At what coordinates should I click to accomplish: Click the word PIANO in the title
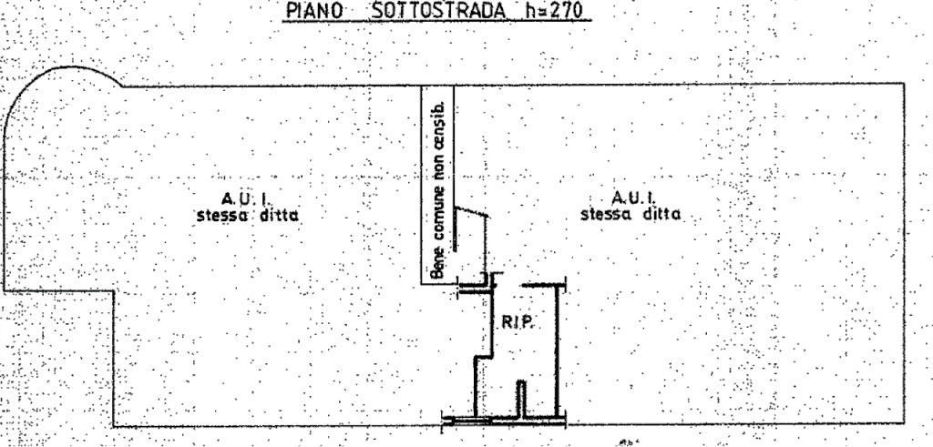click(x=313, y=10)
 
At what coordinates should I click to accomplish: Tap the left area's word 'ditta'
click(x=279, y=215)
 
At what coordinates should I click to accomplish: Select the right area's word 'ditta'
click(x=661, y=213)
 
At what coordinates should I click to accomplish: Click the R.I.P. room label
click(x=518, y=323)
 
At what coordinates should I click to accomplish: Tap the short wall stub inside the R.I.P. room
click(x=521, y=398)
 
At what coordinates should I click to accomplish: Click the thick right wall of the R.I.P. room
click(x=558, y=350)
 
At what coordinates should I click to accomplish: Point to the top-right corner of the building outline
click(x=904, y=84)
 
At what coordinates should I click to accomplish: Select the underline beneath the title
click(x=436, y=22)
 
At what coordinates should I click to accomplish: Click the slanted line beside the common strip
click(x=472, y=211)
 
